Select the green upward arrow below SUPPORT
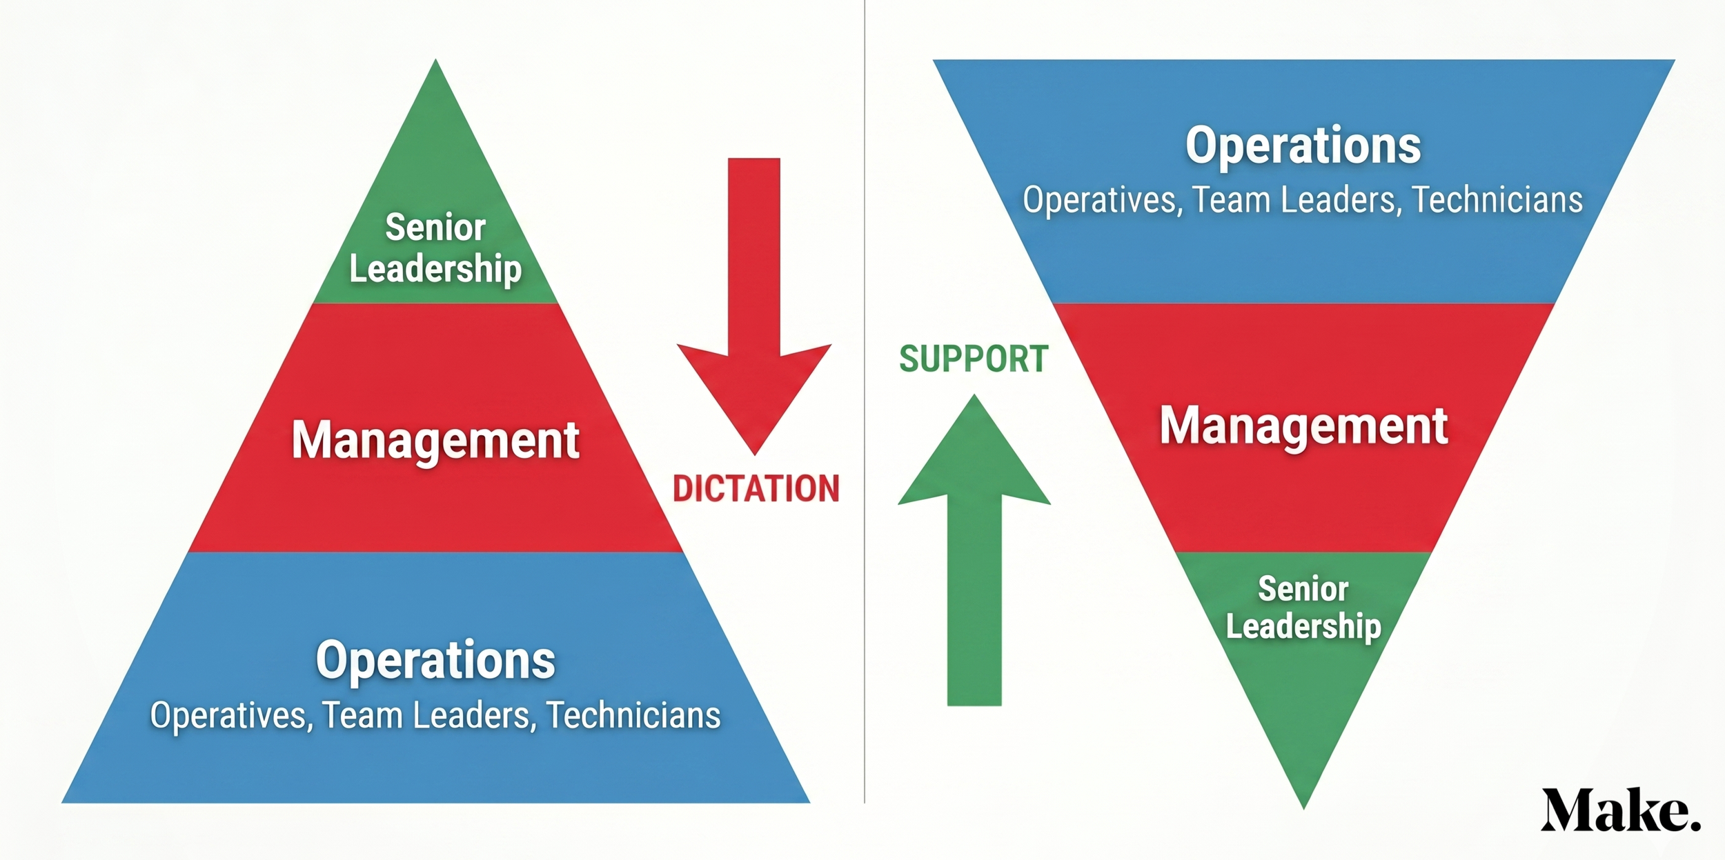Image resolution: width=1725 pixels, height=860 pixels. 974,552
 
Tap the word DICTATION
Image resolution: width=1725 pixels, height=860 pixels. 756,488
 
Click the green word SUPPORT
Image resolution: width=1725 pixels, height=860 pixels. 974,359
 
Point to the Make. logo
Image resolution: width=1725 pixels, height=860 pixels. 1620,810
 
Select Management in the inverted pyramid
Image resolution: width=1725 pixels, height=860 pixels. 1303,426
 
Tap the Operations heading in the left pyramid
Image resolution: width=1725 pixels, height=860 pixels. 435,660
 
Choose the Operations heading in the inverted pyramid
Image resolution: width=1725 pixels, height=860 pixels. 1303,146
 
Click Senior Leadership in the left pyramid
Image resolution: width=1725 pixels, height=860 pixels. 435,248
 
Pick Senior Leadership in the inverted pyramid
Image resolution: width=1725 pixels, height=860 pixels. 1303,608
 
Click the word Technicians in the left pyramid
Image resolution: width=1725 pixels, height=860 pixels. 633,715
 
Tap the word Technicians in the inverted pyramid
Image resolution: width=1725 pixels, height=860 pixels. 1497,200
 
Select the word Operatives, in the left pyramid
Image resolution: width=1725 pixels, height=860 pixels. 231,715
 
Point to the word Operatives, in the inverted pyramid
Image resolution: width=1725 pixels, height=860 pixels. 1103,200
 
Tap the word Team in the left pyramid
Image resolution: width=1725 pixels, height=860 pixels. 362,715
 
